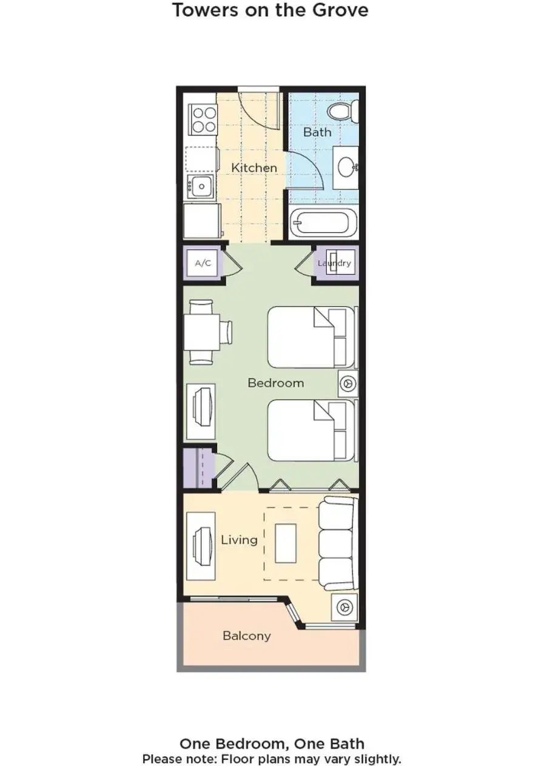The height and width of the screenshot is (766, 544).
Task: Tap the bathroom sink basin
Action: point(348,167)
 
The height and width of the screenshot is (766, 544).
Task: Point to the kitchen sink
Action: point(201,186)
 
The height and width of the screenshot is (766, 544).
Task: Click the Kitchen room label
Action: point(254,168)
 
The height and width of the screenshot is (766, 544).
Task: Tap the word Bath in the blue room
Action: point(317,132)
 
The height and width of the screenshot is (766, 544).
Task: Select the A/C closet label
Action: point(203,263)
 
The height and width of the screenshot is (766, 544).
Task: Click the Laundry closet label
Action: point(334,263)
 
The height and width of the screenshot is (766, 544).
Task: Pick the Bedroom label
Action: point(275,383)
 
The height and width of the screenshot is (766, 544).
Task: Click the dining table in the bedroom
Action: point(202,332)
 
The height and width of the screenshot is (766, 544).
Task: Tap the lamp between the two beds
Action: point(348,383)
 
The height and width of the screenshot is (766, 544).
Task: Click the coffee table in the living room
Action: point(286,543)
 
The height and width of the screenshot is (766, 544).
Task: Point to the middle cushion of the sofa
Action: point(336,545)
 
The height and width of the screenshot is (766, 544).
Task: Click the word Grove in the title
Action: point(341,10)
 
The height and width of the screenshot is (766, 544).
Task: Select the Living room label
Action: point(239,540)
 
